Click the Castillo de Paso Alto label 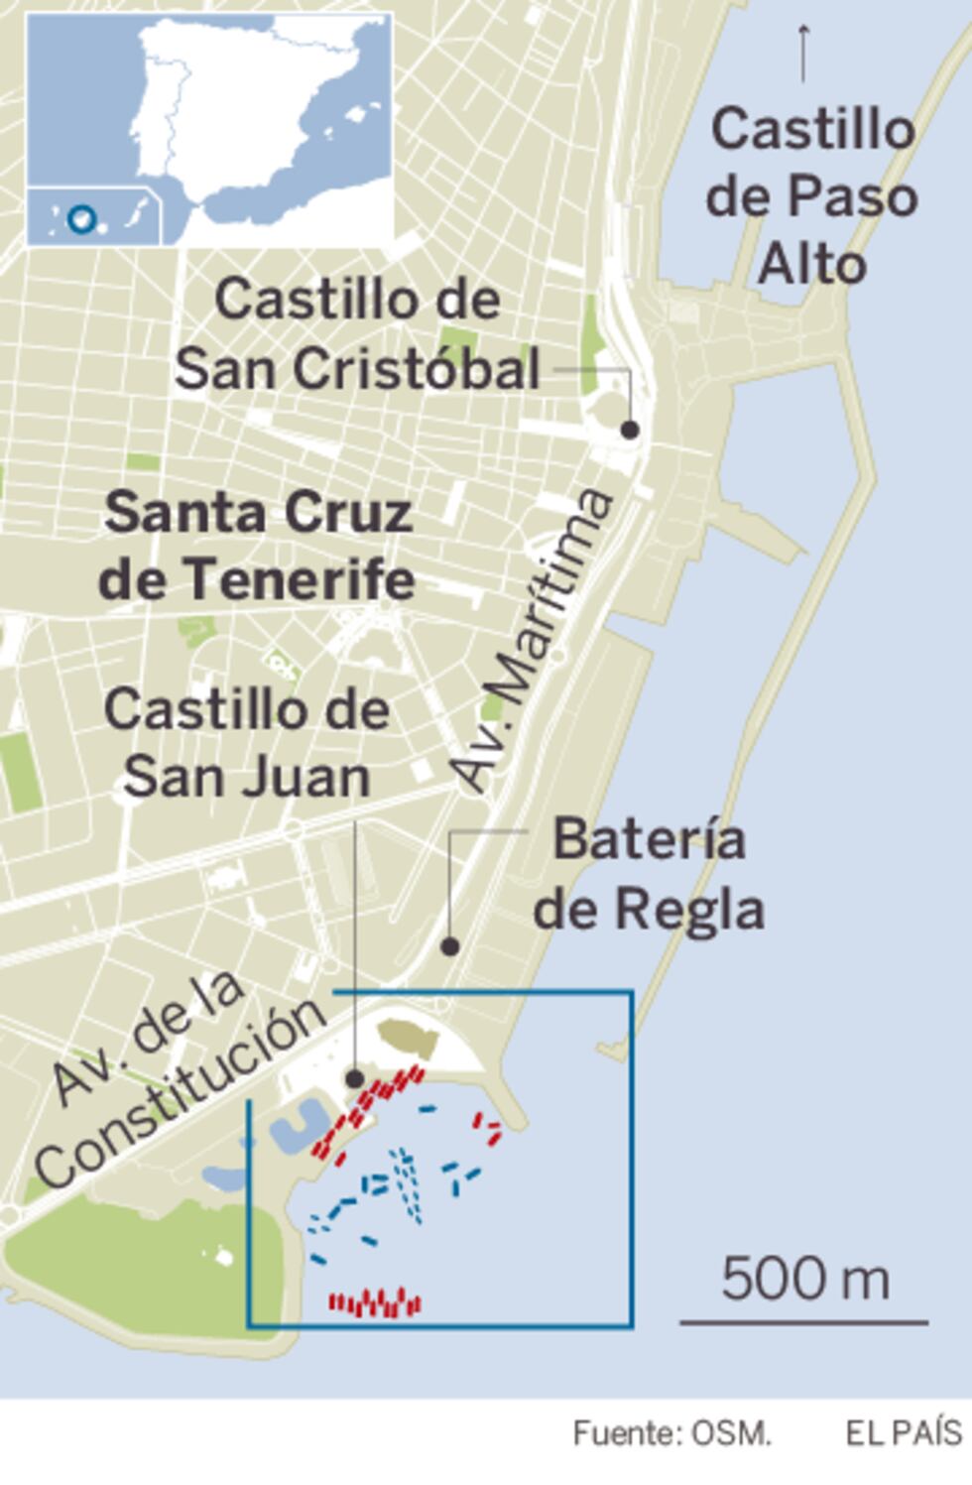pos(811,196)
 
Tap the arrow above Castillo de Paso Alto pos(803,50)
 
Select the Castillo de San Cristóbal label pos(357,334)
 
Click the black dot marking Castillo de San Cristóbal pos(629,430)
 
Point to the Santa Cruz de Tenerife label pos(257,546)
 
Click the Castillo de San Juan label pos(247,743)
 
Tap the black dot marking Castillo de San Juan pos(354,1078)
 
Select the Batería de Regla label pos(650,874)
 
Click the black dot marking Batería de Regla pos(449,947)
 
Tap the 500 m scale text pos(805,1278)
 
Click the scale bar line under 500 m pos(803,1322)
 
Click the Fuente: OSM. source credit pos(671,1432)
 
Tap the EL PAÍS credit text pos(904,1432)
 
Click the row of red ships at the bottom pos(375,1303)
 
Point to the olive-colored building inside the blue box pos(409,1039)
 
